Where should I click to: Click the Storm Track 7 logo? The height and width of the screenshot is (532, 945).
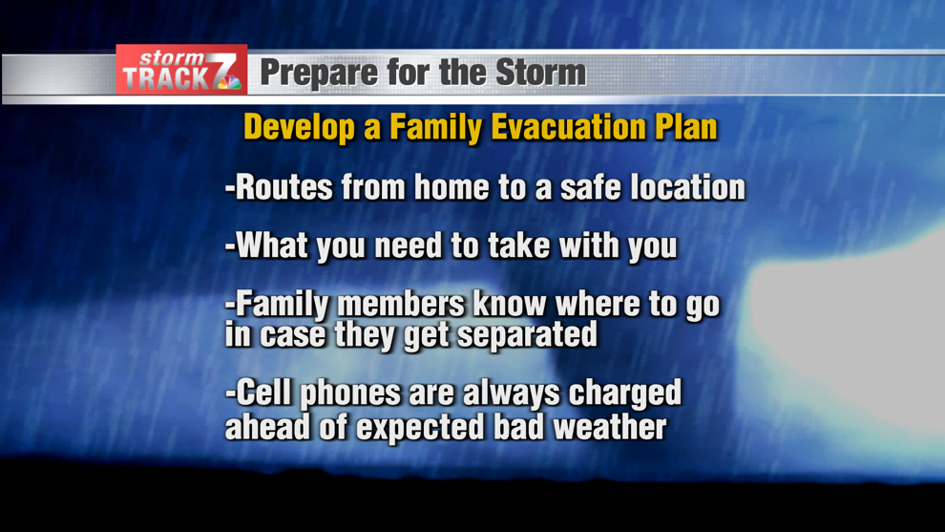[x=181, y=70]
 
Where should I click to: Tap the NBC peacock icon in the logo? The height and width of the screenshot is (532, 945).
[x=229, y=82]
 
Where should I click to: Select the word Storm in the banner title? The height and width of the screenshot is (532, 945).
[x=540, y=73]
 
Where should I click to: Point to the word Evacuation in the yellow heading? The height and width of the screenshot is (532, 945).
[x=568, y=127]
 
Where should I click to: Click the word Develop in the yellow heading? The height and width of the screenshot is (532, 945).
[x=300, y=129]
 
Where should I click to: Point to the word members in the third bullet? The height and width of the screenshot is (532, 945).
[x=401, y=304]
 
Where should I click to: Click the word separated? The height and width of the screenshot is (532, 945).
[x=527, y=334]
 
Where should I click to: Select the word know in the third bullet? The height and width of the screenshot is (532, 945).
[x=510, y=304]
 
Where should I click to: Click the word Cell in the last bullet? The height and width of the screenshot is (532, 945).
[x=264, y=393]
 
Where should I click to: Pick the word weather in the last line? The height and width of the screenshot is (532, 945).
[x=610, y=426]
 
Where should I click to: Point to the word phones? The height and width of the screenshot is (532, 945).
[x=350, y=394]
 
